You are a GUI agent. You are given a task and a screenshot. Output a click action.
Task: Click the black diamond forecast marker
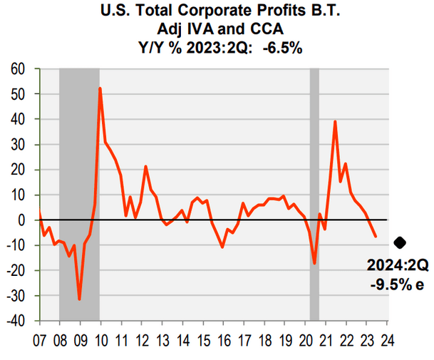(400, 243)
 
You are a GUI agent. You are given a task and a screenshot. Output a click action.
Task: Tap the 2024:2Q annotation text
(397, 265)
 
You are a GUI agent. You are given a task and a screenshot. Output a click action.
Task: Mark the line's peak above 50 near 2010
(100, 88)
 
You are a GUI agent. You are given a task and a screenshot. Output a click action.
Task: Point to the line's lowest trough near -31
(79, 299)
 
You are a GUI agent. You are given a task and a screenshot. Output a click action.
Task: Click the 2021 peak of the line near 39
(335, 122)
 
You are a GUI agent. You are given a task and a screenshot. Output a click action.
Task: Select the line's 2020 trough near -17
(314, 264)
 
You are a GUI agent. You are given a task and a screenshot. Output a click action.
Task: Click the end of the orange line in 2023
(376, 236)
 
